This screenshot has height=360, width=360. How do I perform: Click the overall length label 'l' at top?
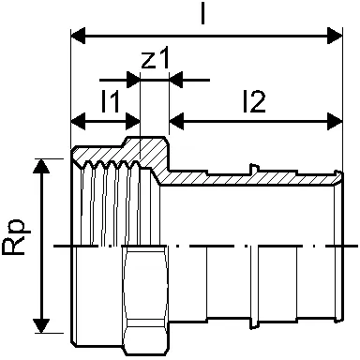tap(203, 13)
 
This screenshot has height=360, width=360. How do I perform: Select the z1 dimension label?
tap(155, 57)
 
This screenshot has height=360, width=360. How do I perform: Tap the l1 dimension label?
tap(110, 100)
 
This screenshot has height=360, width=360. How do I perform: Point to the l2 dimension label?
tap(254, 101)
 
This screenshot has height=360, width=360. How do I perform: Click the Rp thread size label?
tap(17, 237)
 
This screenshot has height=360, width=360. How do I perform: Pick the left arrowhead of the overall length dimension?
tap(78, 36)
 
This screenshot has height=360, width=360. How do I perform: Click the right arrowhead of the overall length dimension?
tap(335, 36)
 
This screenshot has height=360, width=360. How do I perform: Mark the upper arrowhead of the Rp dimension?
tap(41, 166)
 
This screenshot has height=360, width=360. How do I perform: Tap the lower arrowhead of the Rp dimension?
tap(41, 325)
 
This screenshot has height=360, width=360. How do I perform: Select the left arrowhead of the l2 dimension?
tap(176, 121)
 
